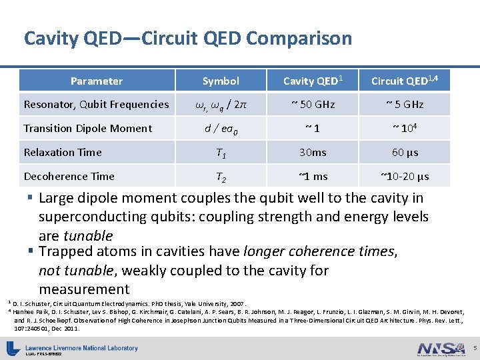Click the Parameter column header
click(97, 81)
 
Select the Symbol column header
click(221, 81)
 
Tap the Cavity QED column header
click(313, 81)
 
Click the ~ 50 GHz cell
click(312, 105)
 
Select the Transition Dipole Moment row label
click(88, 129)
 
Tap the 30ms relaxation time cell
click(312, 153)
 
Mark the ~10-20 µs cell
click(405, 177)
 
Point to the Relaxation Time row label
click(63, 153)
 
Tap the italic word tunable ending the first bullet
click(87, 236)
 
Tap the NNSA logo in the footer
click(441, 348)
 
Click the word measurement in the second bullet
click(84, 289)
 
